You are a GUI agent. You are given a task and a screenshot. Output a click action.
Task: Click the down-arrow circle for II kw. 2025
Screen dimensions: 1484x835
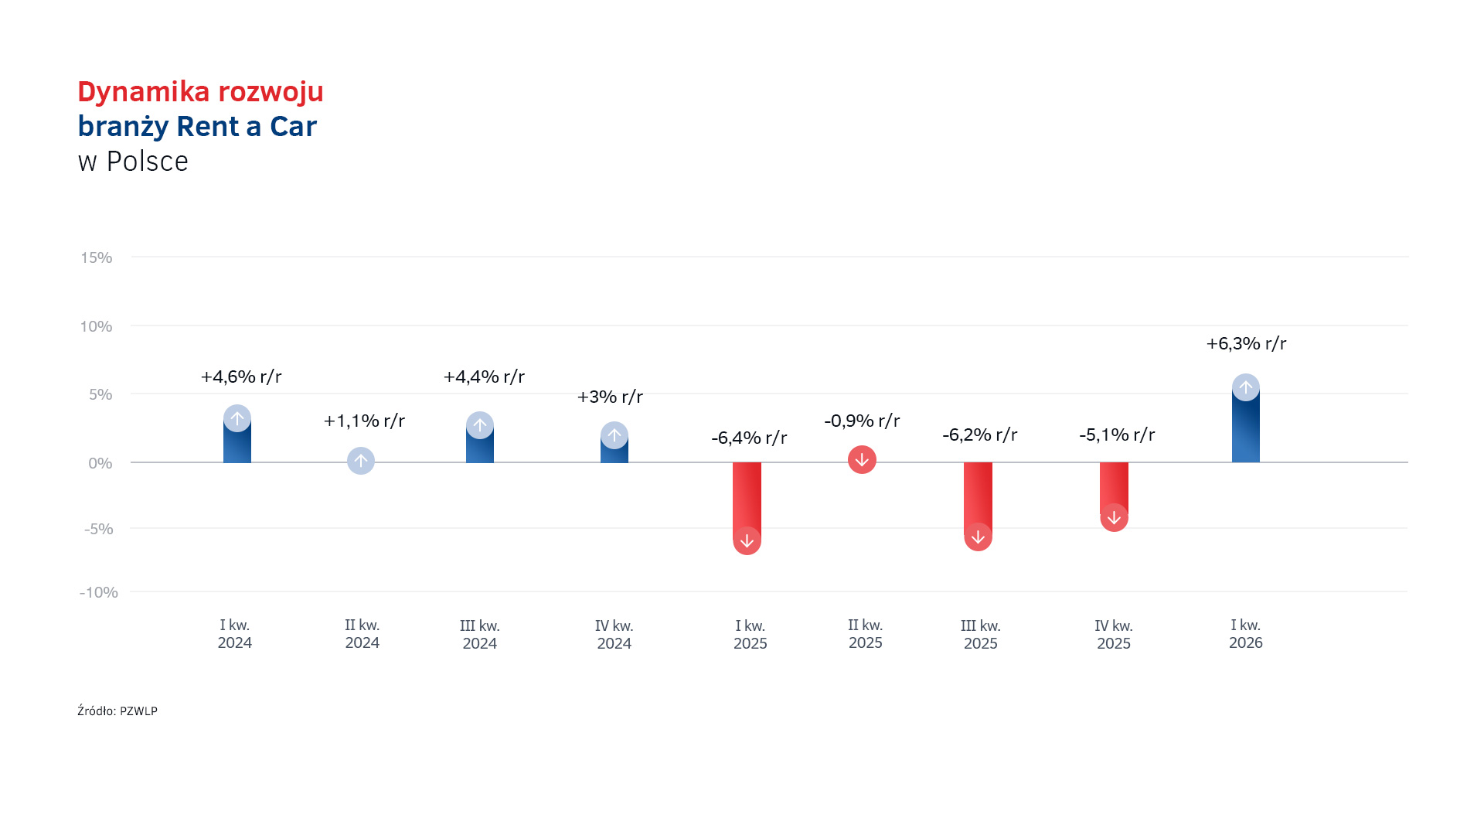coord(862,460)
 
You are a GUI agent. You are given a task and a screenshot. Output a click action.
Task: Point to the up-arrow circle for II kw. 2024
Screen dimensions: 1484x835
coord(361,461)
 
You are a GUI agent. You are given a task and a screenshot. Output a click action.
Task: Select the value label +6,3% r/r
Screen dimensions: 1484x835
coord(1246,343)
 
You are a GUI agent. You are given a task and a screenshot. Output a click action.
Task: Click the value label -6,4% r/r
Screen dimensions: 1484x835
coord(749,438)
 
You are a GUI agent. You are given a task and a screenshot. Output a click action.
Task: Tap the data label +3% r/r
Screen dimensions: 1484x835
coord(610,397)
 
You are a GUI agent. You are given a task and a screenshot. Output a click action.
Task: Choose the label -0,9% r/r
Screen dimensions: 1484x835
coord(862,421)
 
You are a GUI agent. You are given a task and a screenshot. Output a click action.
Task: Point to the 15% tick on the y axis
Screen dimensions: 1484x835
coord(97,257)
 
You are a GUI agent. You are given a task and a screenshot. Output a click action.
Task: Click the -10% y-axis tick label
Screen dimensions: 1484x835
coord(99,592)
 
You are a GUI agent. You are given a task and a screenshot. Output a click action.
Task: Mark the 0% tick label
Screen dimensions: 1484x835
coord(100,463)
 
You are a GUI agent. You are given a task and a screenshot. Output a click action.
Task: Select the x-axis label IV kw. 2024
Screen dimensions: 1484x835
coord(614,635)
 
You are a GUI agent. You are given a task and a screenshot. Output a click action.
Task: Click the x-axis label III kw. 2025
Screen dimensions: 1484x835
coord(981,635)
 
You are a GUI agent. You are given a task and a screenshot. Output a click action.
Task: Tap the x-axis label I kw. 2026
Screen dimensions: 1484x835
coord(1246,634)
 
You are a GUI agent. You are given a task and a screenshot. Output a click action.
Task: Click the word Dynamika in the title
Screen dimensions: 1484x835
coord(144,92)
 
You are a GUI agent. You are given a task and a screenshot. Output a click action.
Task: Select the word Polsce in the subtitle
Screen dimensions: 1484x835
coord(148,162)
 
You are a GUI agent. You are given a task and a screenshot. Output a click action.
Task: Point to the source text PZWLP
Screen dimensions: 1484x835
coord(138,711)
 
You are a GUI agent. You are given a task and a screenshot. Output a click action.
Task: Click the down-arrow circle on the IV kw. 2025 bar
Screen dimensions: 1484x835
coord(1114,517)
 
